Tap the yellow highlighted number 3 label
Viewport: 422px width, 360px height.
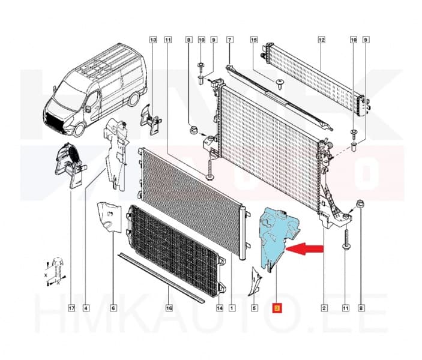[277, 309]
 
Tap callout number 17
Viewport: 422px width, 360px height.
[71, 309]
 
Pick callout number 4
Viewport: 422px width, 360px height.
[86, 309]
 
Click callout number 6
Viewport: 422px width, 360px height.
[113, 309]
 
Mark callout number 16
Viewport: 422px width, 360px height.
[170, 309]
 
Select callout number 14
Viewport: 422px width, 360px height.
[219, 309]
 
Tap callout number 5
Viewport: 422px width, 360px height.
[255, 309]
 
